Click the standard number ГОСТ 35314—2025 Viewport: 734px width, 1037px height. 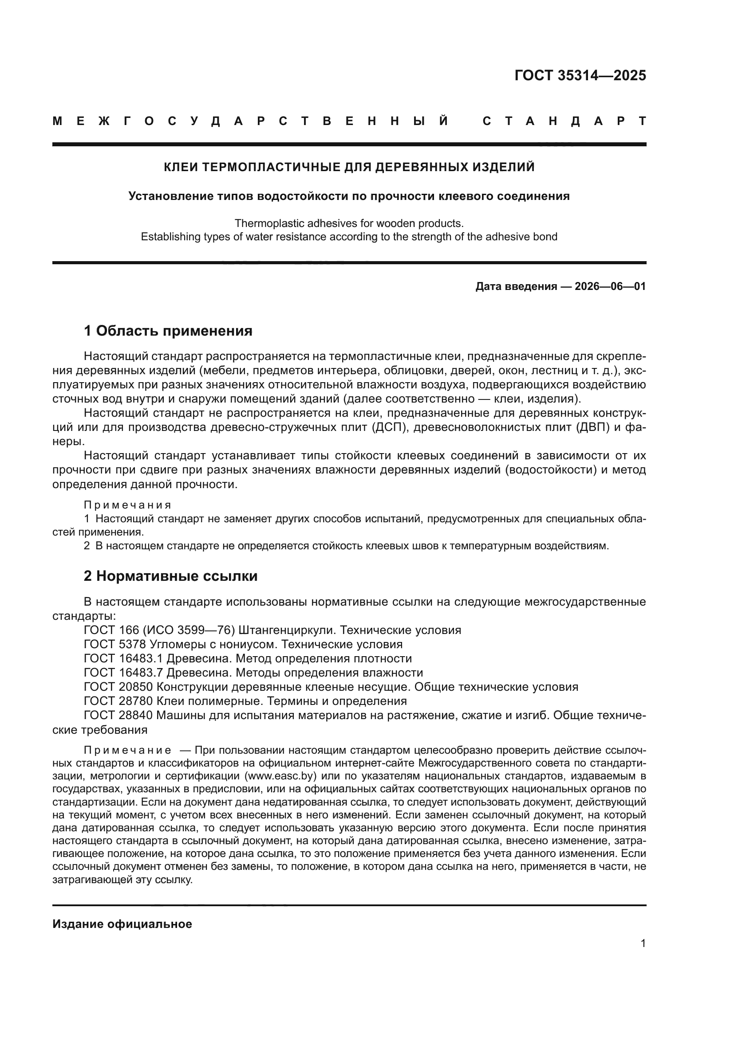click(x=580, y=75)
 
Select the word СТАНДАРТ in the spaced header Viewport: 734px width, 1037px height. click(x=564, y=121)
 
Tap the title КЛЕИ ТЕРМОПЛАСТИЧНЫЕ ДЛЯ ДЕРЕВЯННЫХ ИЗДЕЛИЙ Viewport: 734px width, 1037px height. click(x=349, y=167)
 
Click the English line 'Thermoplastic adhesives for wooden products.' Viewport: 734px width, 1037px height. click(x=349, y=223)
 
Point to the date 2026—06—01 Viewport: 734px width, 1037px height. click(x=610, y=286)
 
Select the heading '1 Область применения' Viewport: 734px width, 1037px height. click(x=168, y=331)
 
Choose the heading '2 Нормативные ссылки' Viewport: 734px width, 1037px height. click(x=170, y=576)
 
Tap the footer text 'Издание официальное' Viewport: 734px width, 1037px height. click(x=122, y=924)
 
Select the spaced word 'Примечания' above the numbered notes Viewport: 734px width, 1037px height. click(x=127, y=505)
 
